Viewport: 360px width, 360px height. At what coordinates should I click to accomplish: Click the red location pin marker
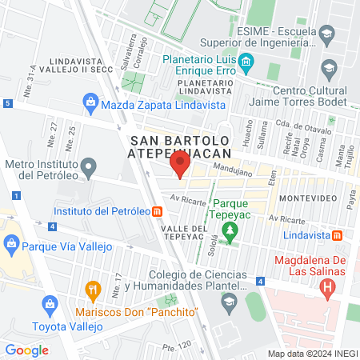click(180, 166)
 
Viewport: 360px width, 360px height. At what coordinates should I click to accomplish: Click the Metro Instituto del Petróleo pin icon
click(90, 168)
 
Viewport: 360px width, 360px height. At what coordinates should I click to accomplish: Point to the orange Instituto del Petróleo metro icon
click(158, 212)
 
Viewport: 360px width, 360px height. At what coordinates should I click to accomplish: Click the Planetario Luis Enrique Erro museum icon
click(246, 61)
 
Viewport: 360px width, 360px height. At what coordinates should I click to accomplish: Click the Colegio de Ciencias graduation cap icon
click(230, 300)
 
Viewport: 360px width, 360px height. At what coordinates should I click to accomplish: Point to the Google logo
click(26, 350)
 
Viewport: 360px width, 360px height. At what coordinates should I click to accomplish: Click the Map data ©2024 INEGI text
click(312, 353)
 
